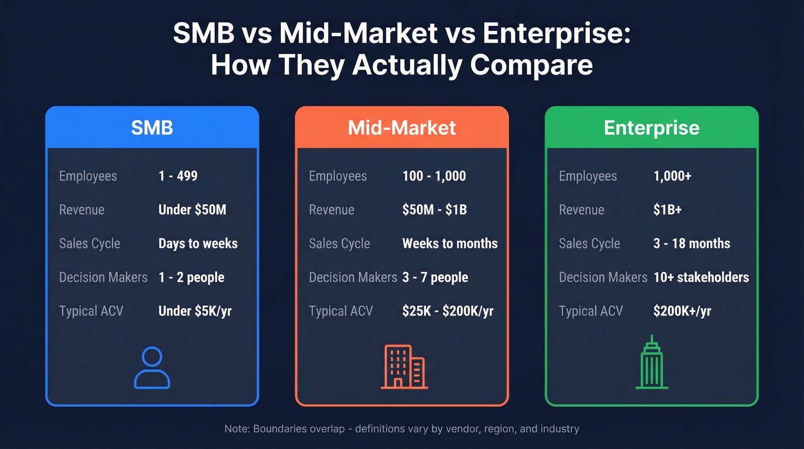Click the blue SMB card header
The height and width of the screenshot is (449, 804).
click(152, 127)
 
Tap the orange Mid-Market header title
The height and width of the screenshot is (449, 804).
click(402, 127)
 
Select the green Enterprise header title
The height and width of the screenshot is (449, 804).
click(652, 127)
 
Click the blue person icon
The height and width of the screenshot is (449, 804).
click(152, 368)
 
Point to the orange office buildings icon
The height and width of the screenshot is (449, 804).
click(403, 366)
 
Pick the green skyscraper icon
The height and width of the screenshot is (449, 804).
click(652, 362)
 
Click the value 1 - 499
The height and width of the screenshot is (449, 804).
click(178, 176)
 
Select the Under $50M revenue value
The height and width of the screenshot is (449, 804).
click(192, 210)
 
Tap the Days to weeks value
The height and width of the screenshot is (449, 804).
click(198, 243)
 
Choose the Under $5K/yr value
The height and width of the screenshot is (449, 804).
click(195, 311)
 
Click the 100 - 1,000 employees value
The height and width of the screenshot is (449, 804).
click(434, 176)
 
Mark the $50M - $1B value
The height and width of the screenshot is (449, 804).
click(435, 210)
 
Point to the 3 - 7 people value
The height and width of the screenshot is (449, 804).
click(435, 277)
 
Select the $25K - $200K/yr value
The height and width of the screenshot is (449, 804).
click(448, 311)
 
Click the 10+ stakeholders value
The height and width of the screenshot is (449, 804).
click(701, 277)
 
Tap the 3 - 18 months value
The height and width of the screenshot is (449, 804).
click(692, 243)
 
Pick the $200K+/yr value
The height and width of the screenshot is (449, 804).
click(682, 311)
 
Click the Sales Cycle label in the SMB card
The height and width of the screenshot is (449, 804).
click(90, 243)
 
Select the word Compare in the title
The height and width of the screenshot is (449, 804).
click(531, 64)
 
